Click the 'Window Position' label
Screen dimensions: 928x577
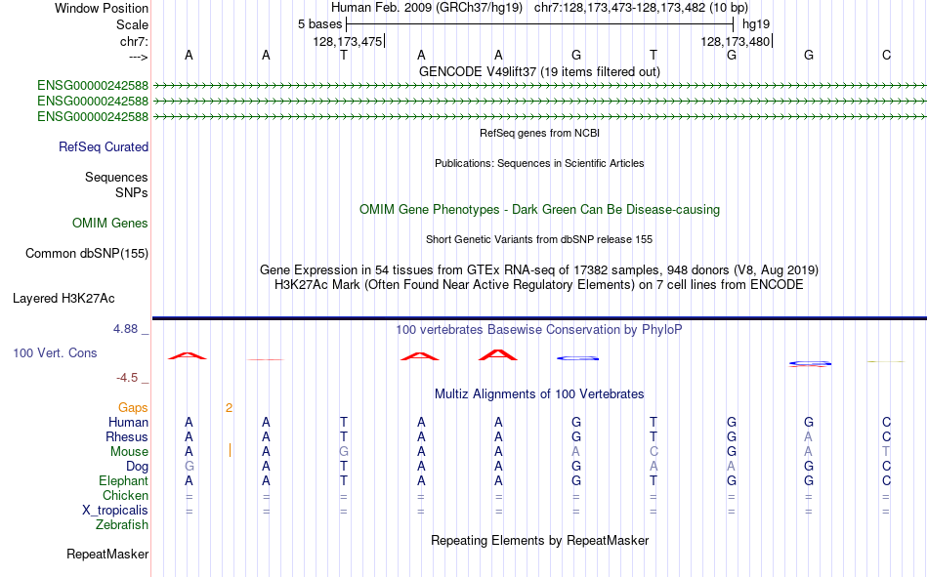point(102,8)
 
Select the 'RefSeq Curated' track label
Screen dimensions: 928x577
point(104,146)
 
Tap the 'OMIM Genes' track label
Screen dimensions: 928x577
point(110,224)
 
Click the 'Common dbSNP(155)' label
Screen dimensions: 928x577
point(87,253)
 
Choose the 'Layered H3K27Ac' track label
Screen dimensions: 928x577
point(63,299)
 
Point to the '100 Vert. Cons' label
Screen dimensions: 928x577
point(55,352)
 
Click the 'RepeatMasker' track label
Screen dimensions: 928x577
point(107,554)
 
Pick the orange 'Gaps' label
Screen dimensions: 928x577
point(133,407)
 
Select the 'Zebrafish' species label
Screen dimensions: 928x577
point(122,524)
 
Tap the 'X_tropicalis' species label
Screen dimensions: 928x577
point(115,511)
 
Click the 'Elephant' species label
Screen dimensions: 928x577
point(124,480)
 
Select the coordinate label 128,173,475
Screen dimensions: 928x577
point(348,41)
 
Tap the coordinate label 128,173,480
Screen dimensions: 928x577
point(735,41)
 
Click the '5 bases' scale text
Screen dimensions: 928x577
point(319,24)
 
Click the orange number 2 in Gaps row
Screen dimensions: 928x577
point(229,407)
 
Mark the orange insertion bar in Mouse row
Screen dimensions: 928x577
point(230,451)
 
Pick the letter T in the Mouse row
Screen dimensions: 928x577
point(886,451)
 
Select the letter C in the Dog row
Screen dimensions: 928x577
point(886,467)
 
